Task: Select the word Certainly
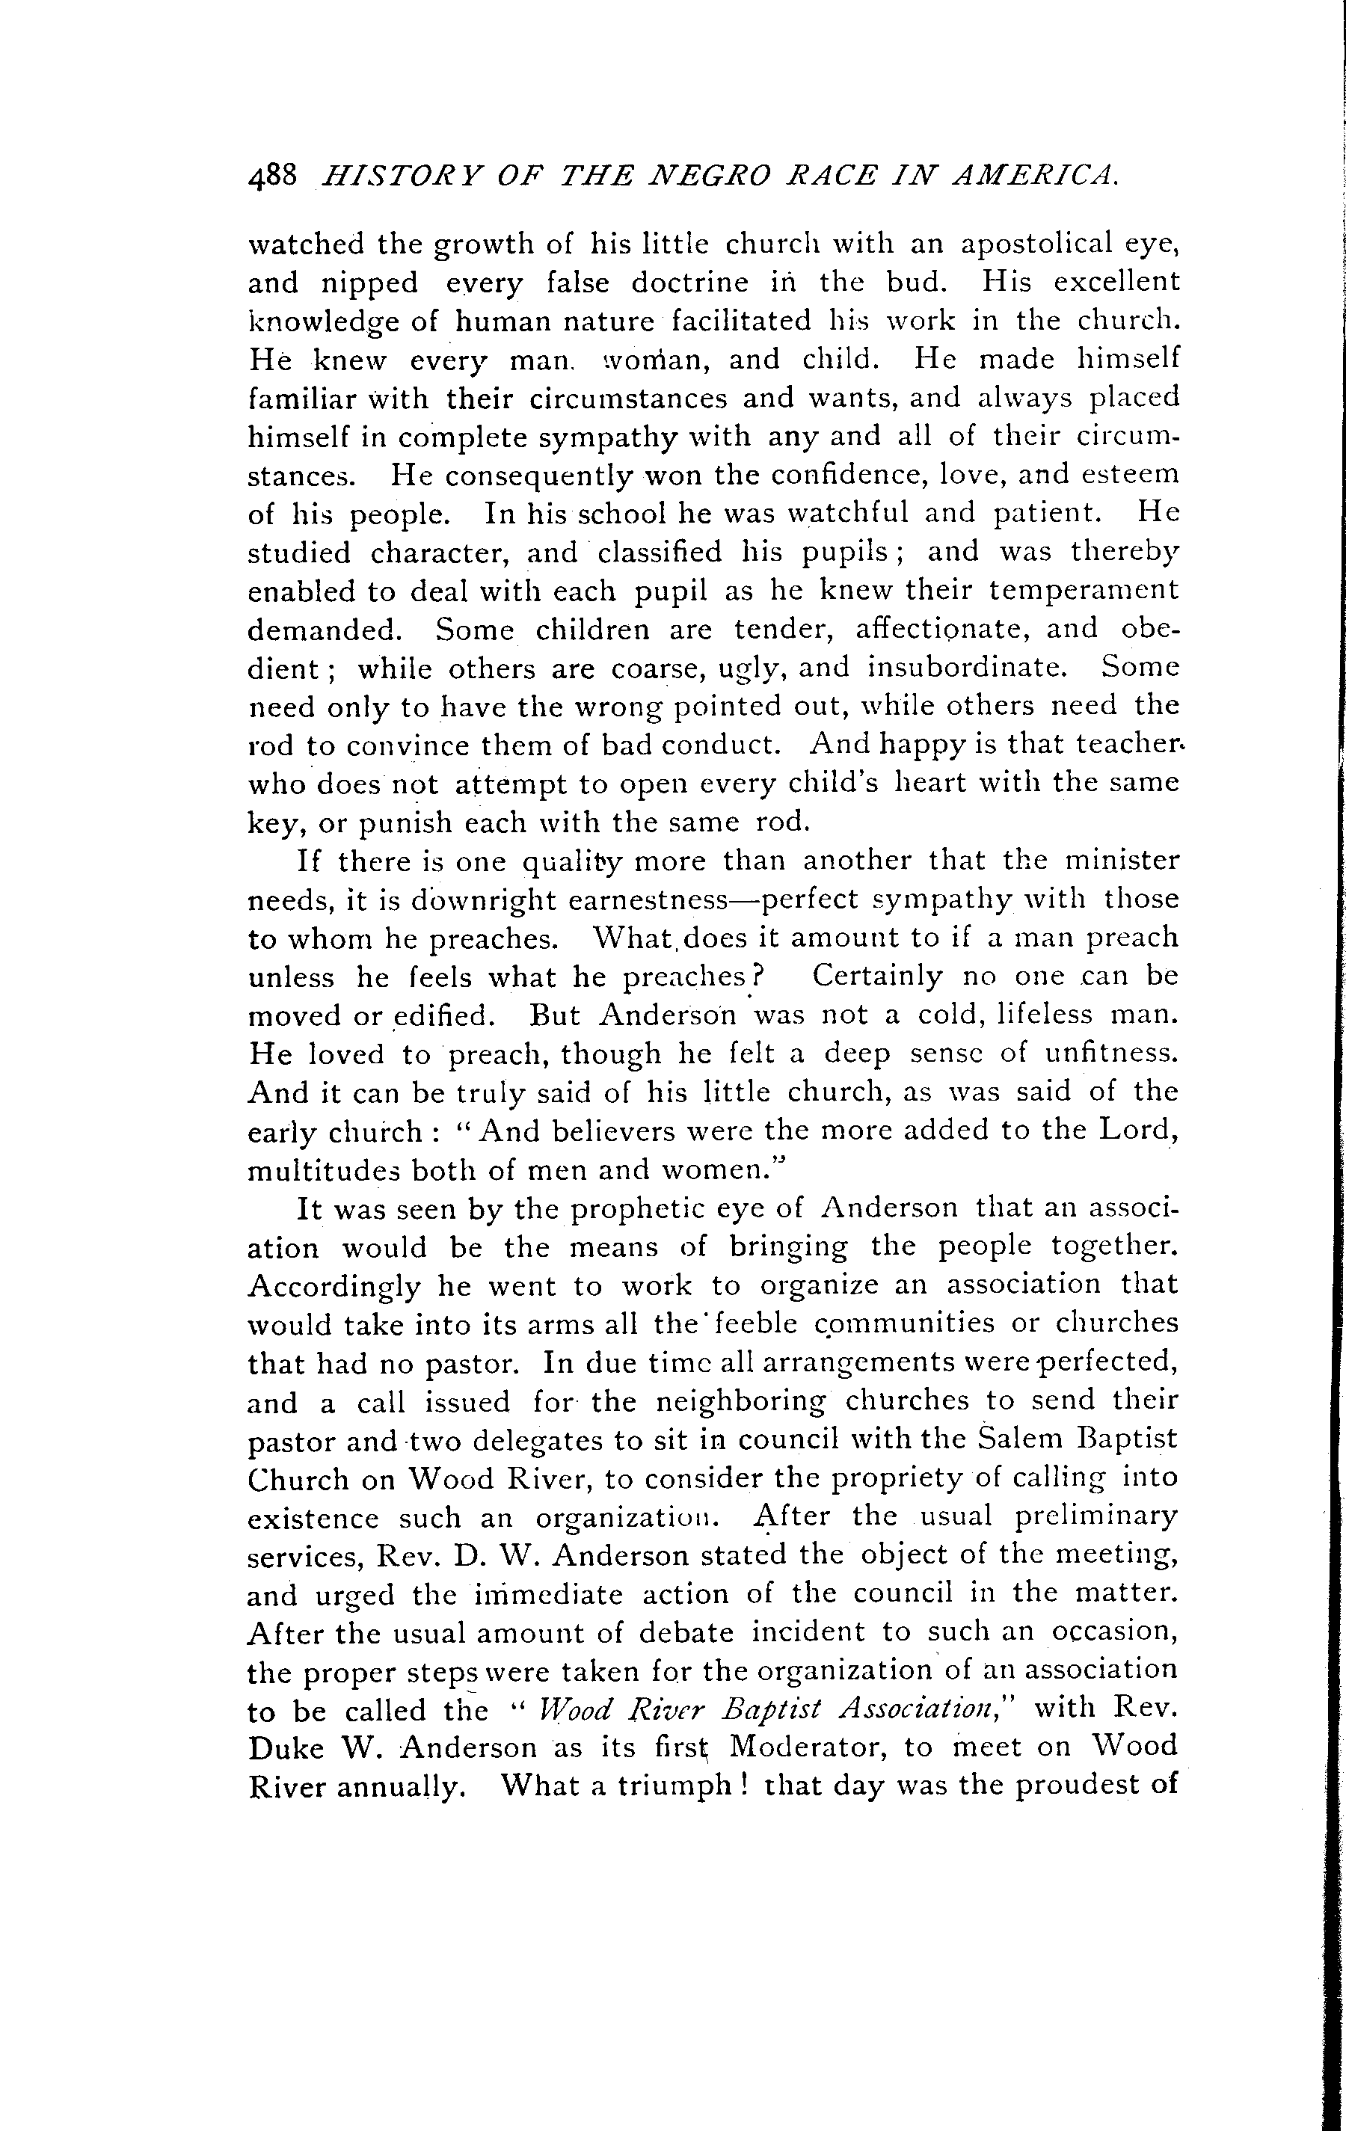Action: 877,977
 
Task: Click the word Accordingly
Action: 334,1288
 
